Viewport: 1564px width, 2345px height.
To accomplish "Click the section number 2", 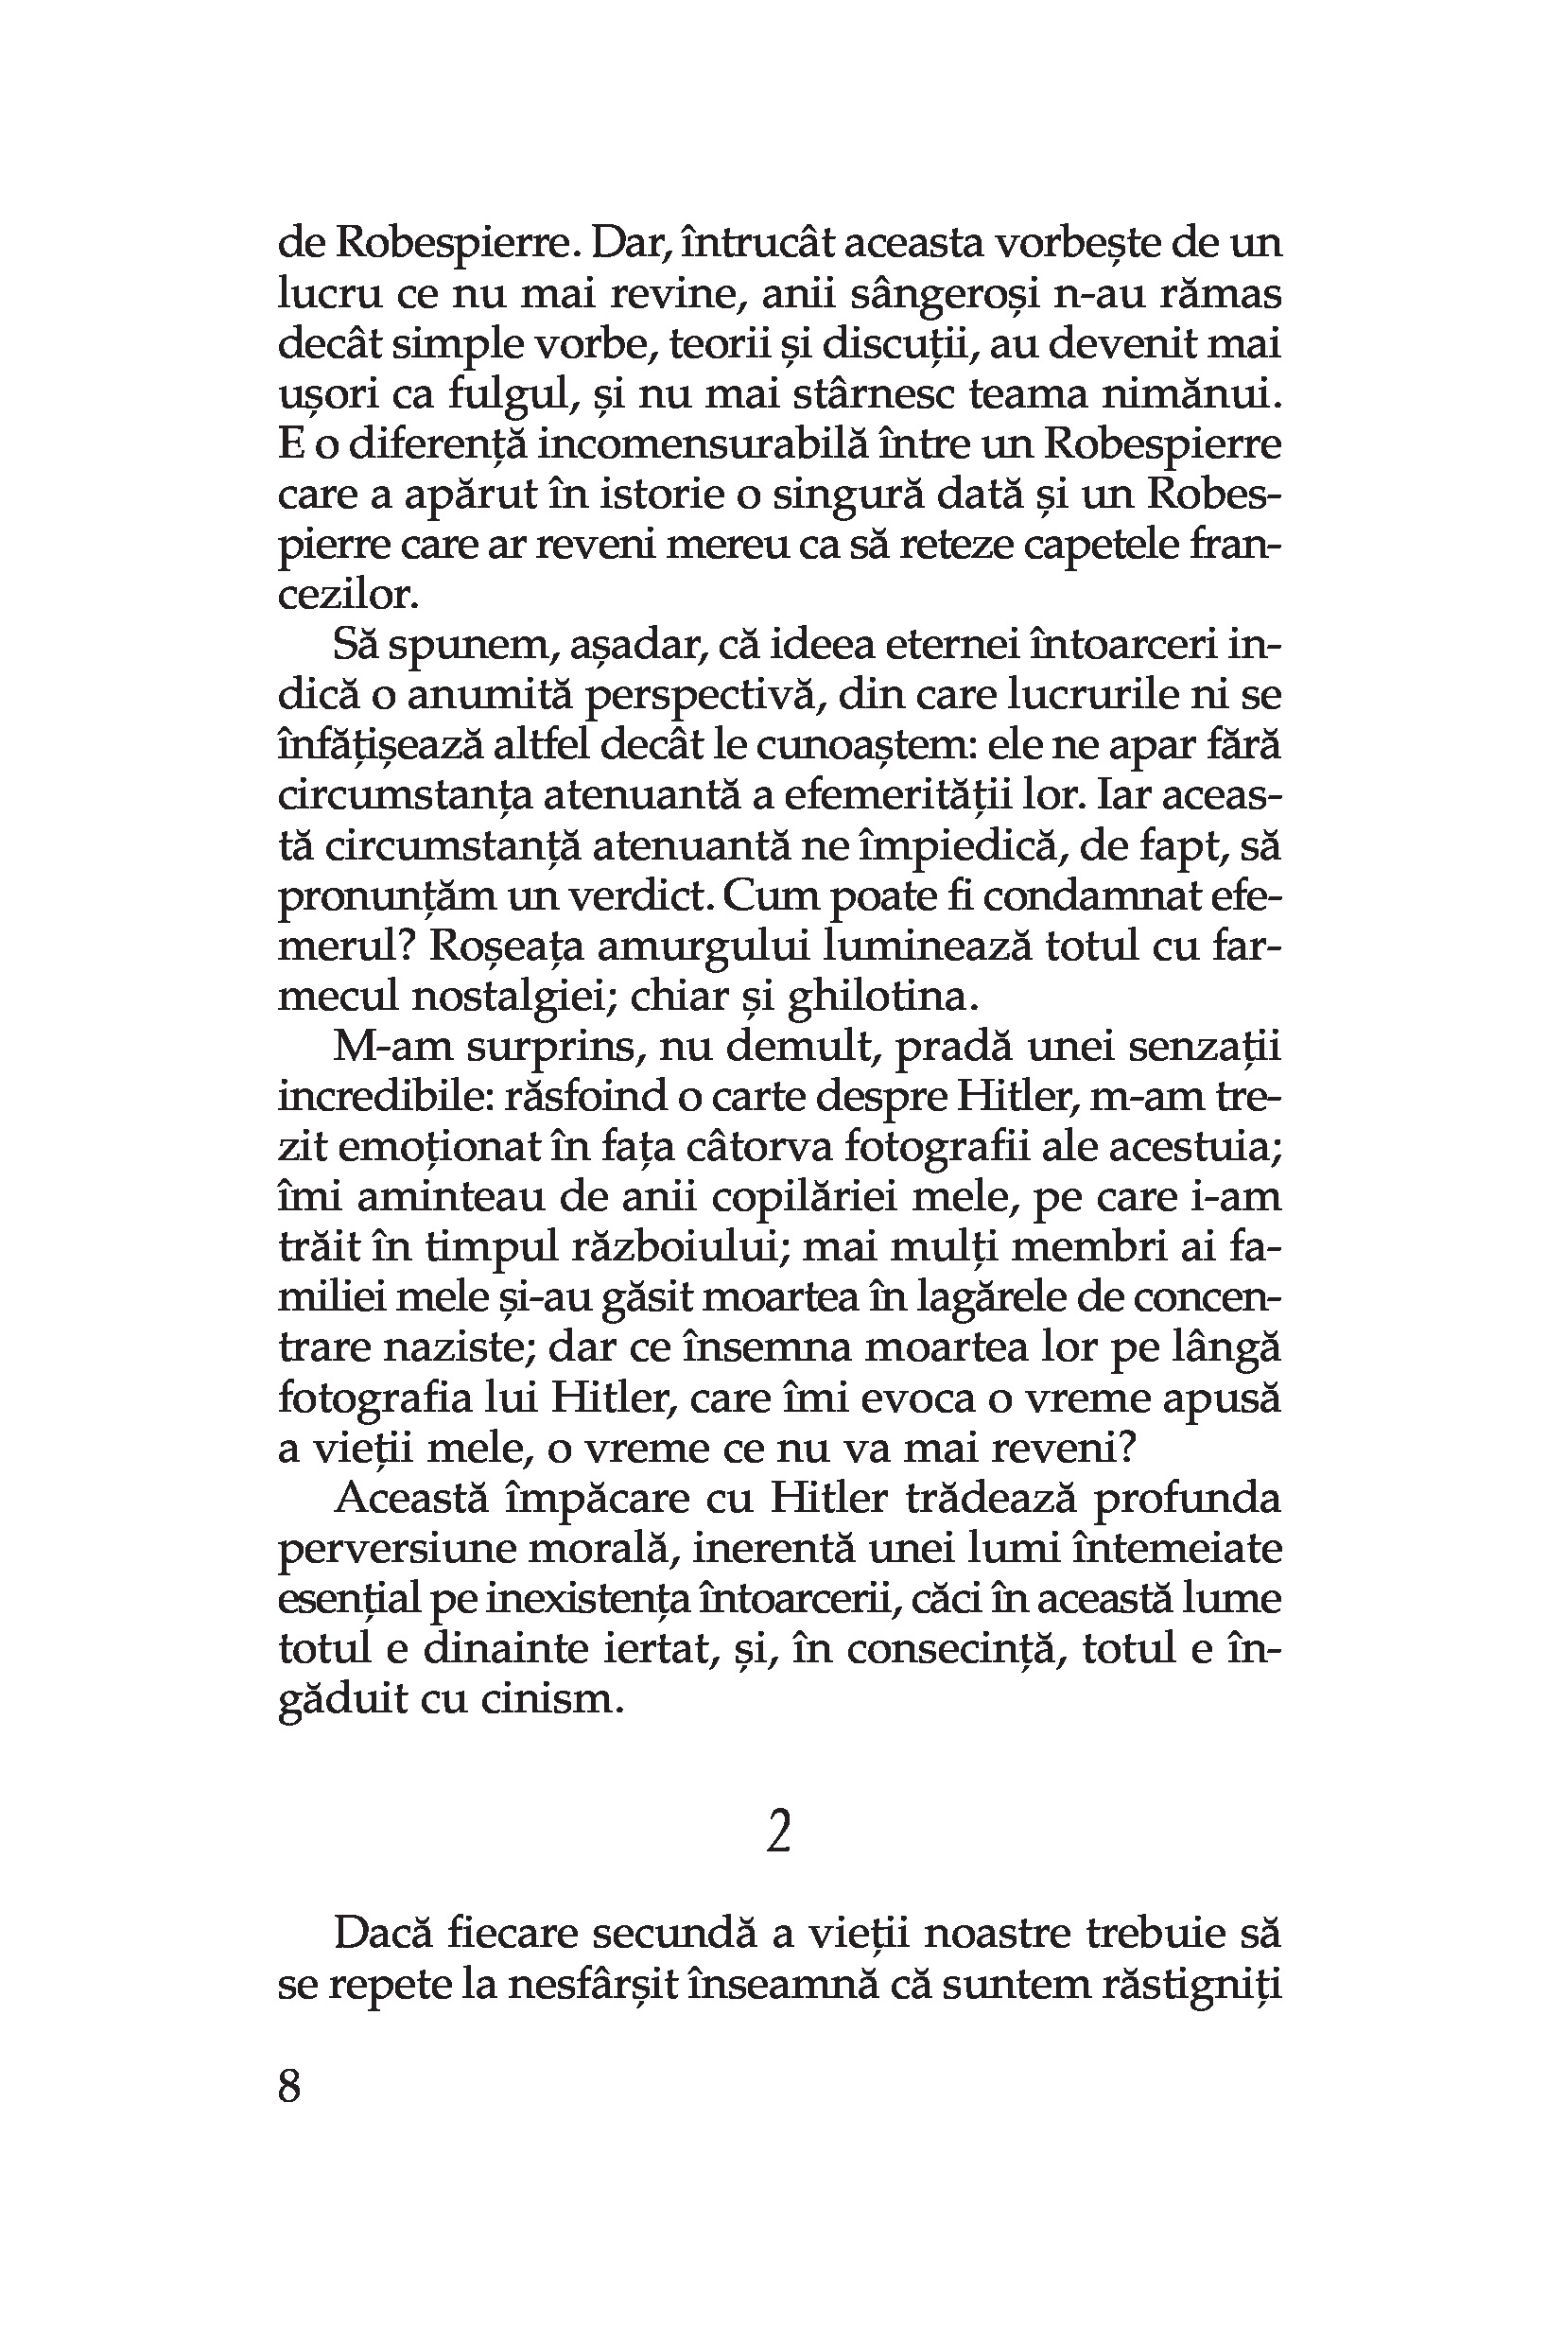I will click(x=779, y=1833).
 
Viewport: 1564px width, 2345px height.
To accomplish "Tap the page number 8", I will click(x=289, y=2086).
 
